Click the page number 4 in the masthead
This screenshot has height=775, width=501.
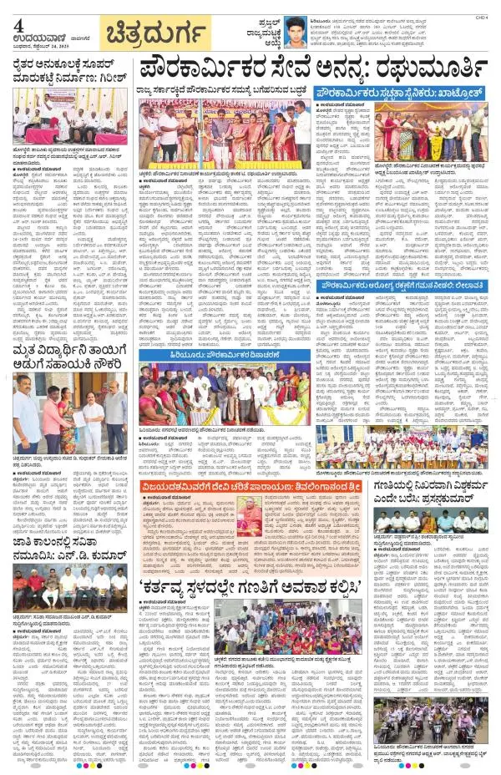tap(18, 24)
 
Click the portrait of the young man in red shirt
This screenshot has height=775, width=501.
tap(294, 32)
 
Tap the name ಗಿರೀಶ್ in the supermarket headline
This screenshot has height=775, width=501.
tap(117, 79)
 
